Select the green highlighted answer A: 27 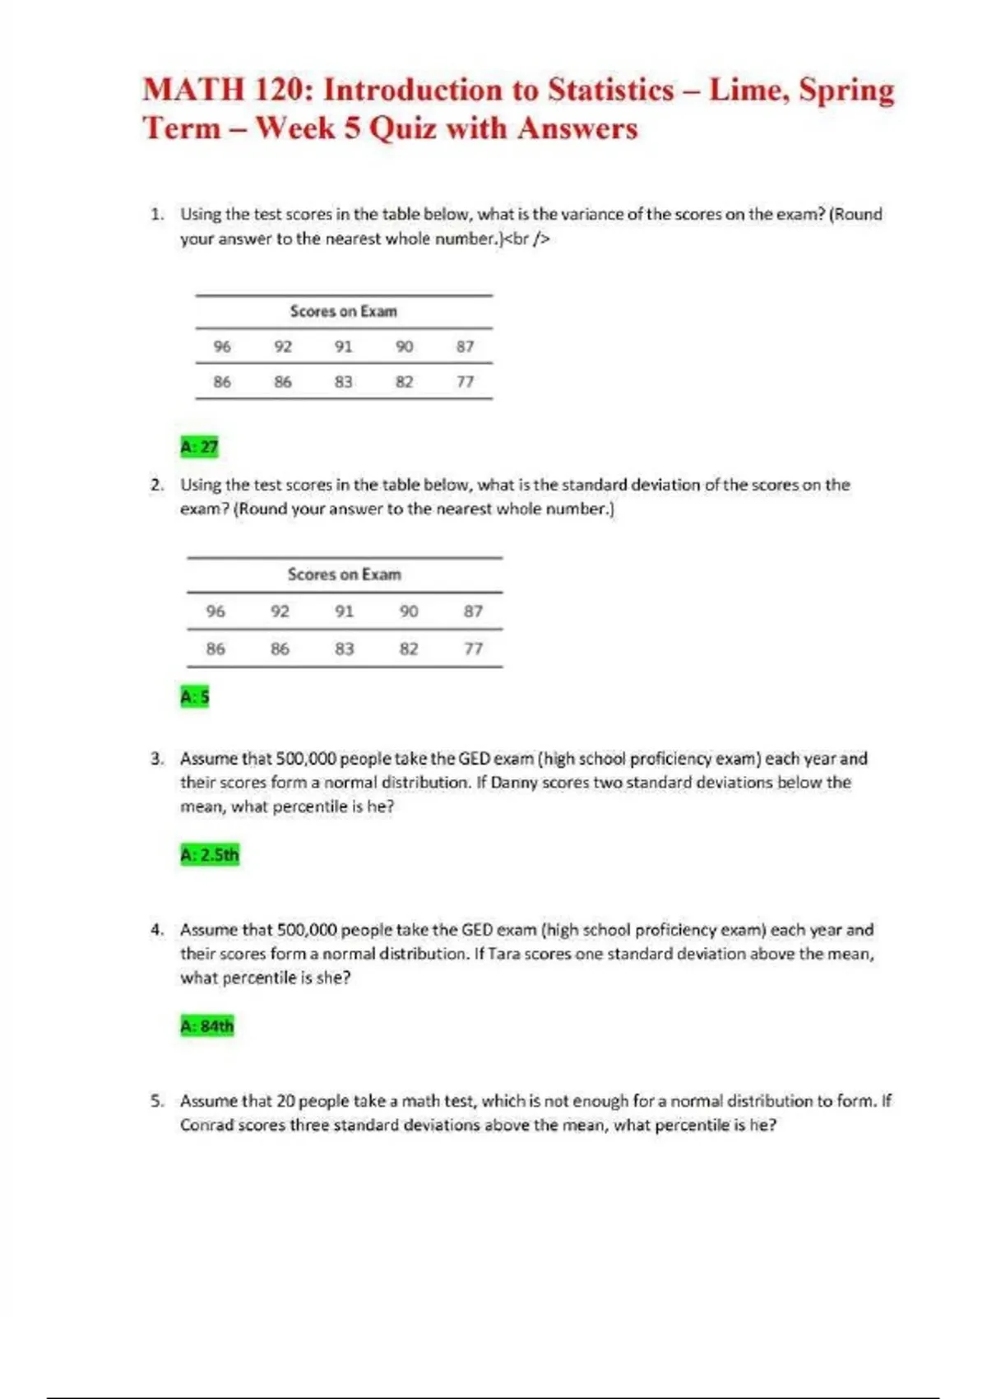click(199, 447)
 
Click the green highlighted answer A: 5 click(195, 697)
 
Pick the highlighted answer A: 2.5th click(210, 854)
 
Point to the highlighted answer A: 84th click(207, 1025)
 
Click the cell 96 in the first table click(222, 346)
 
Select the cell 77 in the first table click(466, 382)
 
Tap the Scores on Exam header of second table click(345, 574)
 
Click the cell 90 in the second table click(409, 611)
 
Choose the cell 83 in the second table click(345, 648)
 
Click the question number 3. click(156, 759)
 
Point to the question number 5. click(156, 1101)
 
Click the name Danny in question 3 click(514, 783)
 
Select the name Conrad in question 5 click(206, 1125)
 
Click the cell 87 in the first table click(466, 346)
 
